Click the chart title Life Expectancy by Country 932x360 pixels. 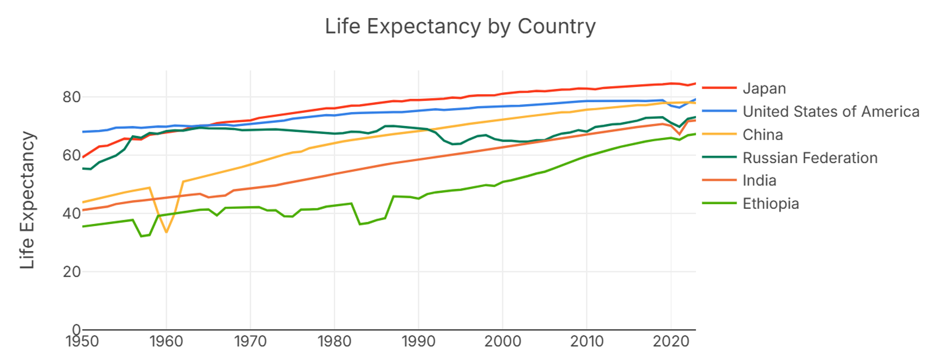(460, 27)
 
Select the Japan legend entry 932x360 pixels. (764, 88)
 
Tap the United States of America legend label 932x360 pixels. (830, 112)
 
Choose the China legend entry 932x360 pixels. (762, 135)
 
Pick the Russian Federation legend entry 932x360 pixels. (810, 158)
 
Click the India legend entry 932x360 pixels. (759, 181)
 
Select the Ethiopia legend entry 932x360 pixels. (770, 204)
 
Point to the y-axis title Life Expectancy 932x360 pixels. (28, 200)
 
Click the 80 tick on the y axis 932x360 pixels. (71, 97)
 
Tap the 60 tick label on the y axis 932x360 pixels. (71, 156)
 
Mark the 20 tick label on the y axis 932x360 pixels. (71, 272)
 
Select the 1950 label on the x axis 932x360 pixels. (82, 341)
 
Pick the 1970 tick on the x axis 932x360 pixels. (250, 341)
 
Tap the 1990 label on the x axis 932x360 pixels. (418, 341)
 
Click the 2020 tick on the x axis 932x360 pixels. (670, 341)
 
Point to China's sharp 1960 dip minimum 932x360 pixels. (166, 232)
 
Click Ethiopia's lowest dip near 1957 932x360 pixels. (141, 236)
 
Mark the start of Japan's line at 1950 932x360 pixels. (83, 157)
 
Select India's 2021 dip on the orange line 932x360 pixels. (680, 134)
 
